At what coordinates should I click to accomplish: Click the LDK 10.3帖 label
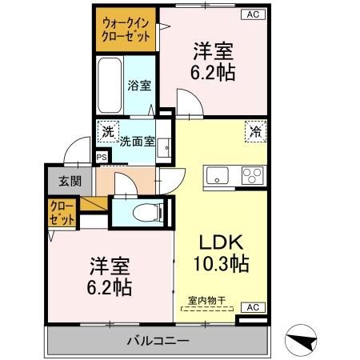[x=220, y=254]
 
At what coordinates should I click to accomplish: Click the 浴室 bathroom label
[x=139, y=86]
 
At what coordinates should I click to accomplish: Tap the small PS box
[x=102, y=157]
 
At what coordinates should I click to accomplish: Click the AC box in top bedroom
[x=252, y=14]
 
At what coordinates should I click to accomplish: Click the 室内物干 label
[x=206, y=302]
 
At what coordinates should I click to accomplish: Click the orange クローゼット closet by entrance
[x=62, y=214]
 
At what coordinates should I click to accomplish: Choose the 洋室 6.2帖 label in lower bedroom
[x=110, y=274]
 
